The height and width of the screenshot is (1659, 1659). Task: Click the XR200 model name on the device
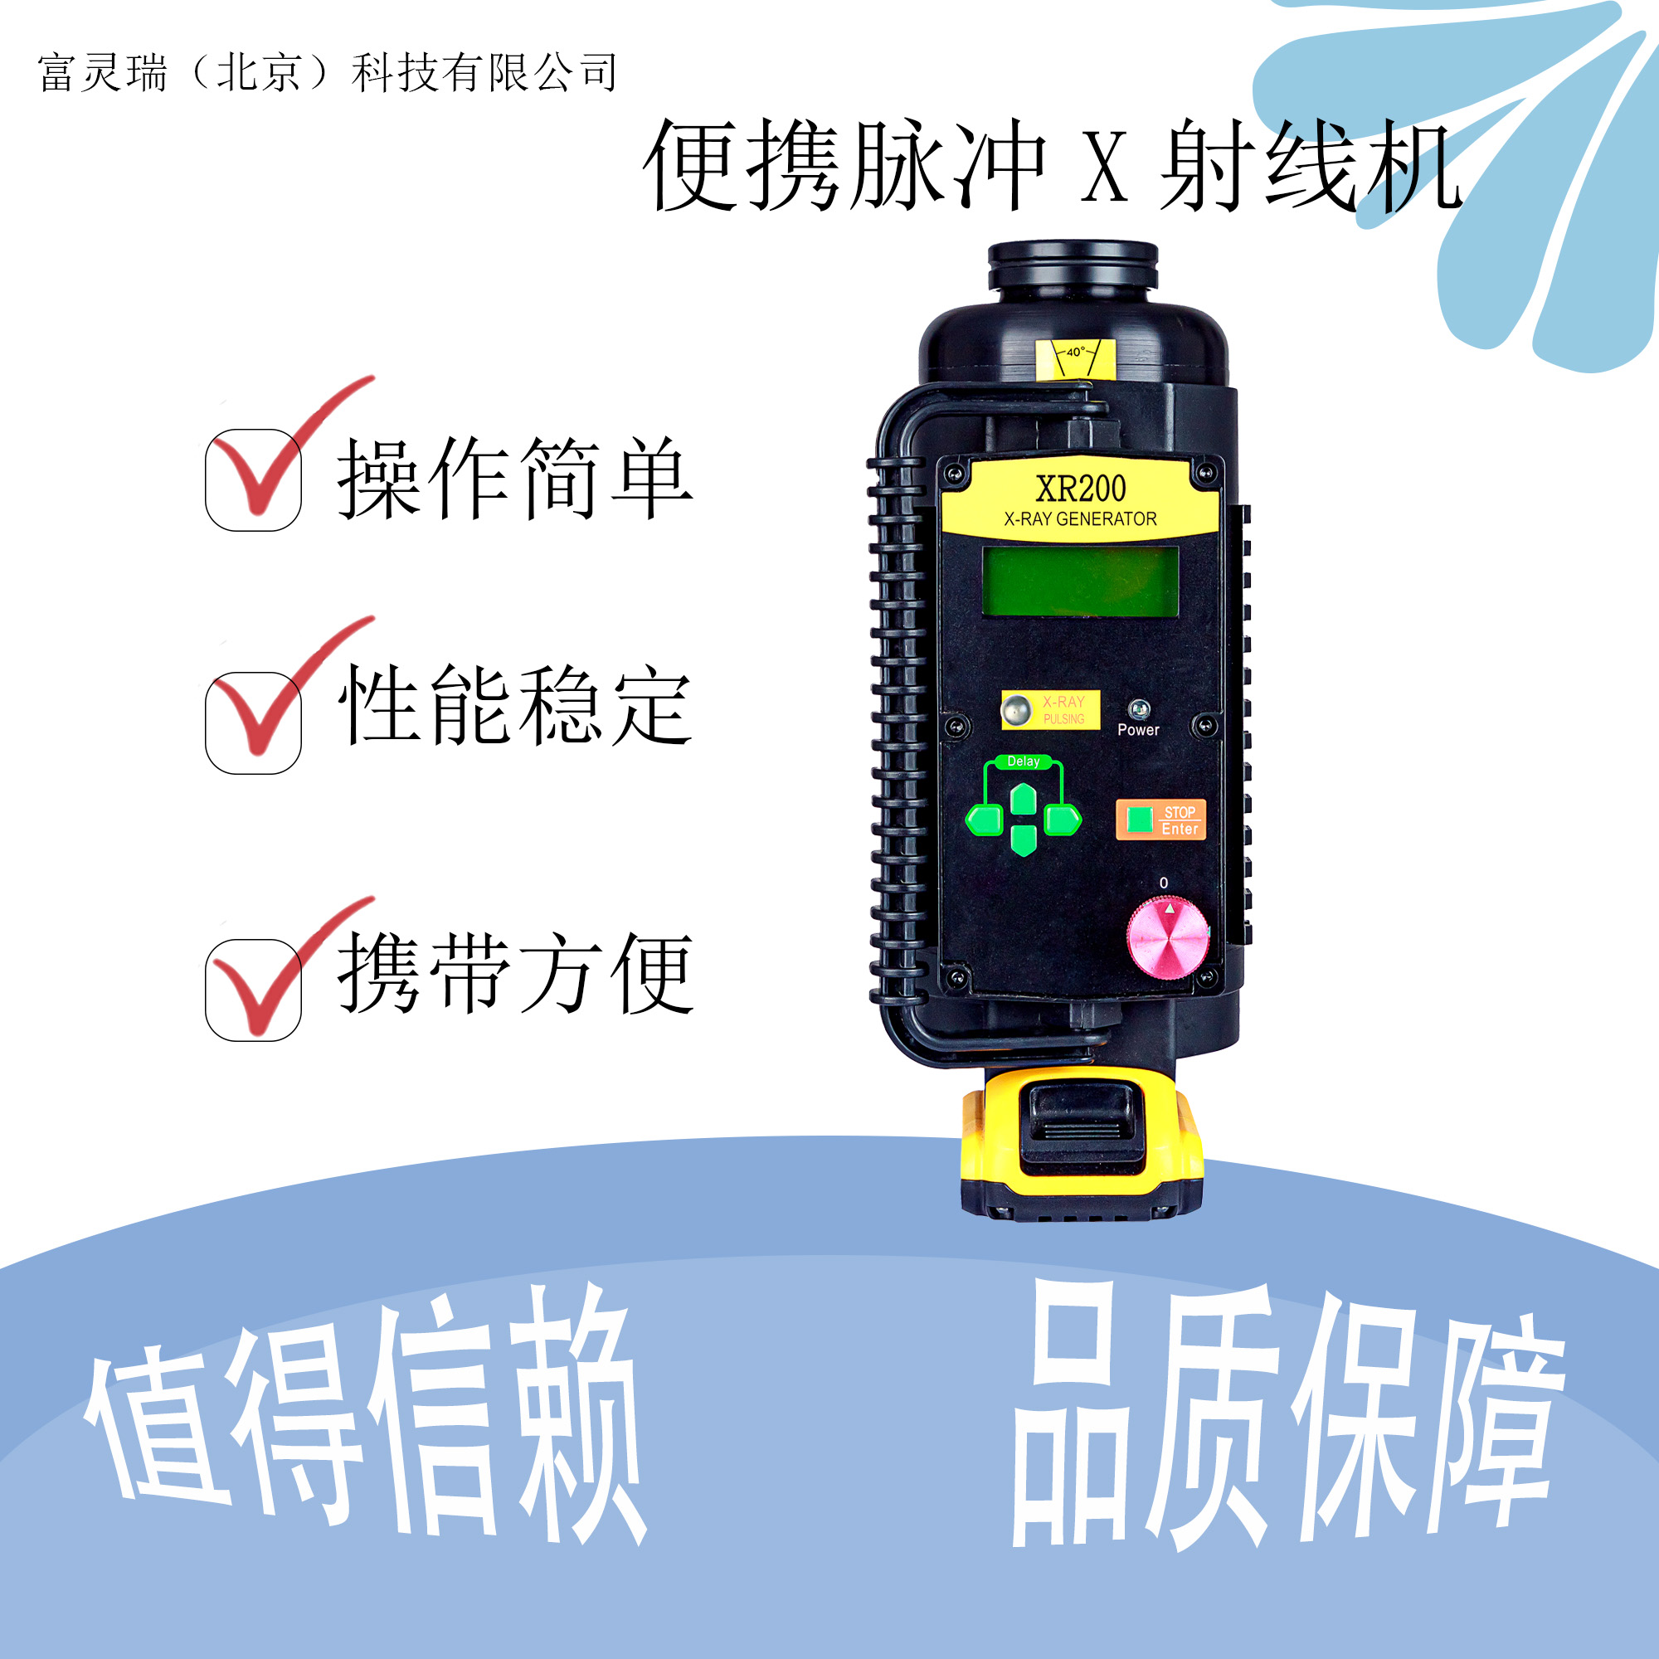point(1080,489)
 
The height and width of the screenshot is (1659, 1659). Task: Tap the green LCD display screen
point(1079,581)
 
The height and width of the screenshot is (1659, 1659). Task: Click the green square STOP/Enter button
point(1140,819)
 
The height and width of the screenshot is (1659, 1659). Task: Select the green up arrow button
point(1023,800)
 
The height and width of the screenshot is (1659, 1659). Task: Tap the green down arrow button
point(1023,839)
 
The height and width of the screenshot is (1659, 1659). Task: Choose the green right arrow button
point(1063,820)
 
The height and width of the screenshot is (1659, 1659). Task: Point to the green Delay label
point(1023,761)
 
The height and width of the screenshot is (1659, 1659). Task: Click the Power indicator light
point(1139,708)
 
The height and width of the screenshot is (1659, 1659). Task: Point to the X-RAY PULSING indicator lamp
point(1017,710)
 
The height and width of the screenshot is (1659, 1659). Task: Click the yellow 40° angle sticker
point(1075,358)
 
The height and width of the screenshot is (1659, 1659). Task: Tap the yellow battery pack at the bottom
point(1081,1142)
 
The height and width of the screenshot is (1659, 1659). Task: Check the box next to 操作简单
point(253,480)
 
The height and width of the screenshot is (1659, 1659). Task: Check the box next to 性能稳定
point(253,722)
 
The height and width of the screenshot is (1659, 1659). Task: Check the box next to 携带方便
point(253,990)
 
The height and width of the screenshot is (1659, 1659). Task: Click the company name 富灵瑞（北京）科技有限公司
point(328,72)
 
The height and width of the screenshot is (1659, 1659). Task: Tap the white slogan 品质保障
point(1288,1416)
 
